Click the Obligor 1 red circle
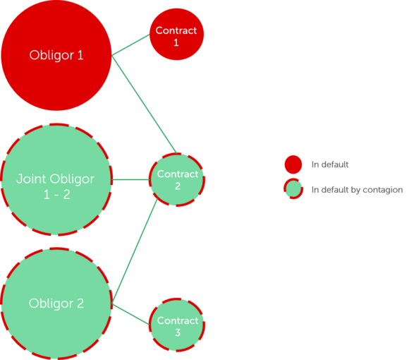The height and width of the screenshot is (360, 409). [56, 55]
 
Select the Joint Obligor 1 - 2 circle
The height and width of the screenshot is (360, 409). [56, 179]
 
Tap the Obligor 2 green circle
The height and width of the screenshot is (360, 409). [56, 304]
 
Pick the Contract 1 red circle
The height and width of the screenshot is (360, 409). [176, 34]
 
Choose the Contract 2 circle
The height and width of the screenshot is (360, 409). [177, 180]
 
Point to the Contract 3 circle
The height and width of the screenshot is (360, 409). [177, 325]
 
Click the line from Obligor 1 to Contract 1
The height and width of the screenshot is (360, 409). [130, 45]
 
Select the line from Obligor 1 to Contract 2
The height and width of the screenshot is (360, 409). [145, 104]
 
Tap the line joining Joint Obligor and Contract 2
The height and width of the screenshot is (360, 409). [130, 179]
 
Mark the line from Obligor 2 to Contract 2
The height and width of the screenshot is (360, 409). [135, 251]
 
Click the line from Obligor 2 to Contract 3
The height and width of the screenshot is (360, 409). [131, 314]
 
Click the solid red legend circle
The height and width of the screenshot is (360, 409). [293, 164]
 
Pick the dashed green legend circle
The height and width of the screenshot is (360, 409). [293, 188]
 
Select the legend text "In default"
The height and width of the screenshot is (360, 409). [330, 164]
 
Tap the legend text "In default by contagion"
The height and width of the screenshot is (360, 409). [357, 190]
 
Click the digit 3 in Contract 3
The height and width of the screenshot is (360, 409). [178, 332]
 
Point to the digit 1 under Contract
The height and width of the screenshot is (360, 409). [176, 42]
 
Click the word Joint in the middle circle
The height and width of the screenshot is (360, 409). [31, 179]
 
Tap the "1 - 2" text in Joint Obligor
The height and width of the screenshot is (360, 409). [57, 195]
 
